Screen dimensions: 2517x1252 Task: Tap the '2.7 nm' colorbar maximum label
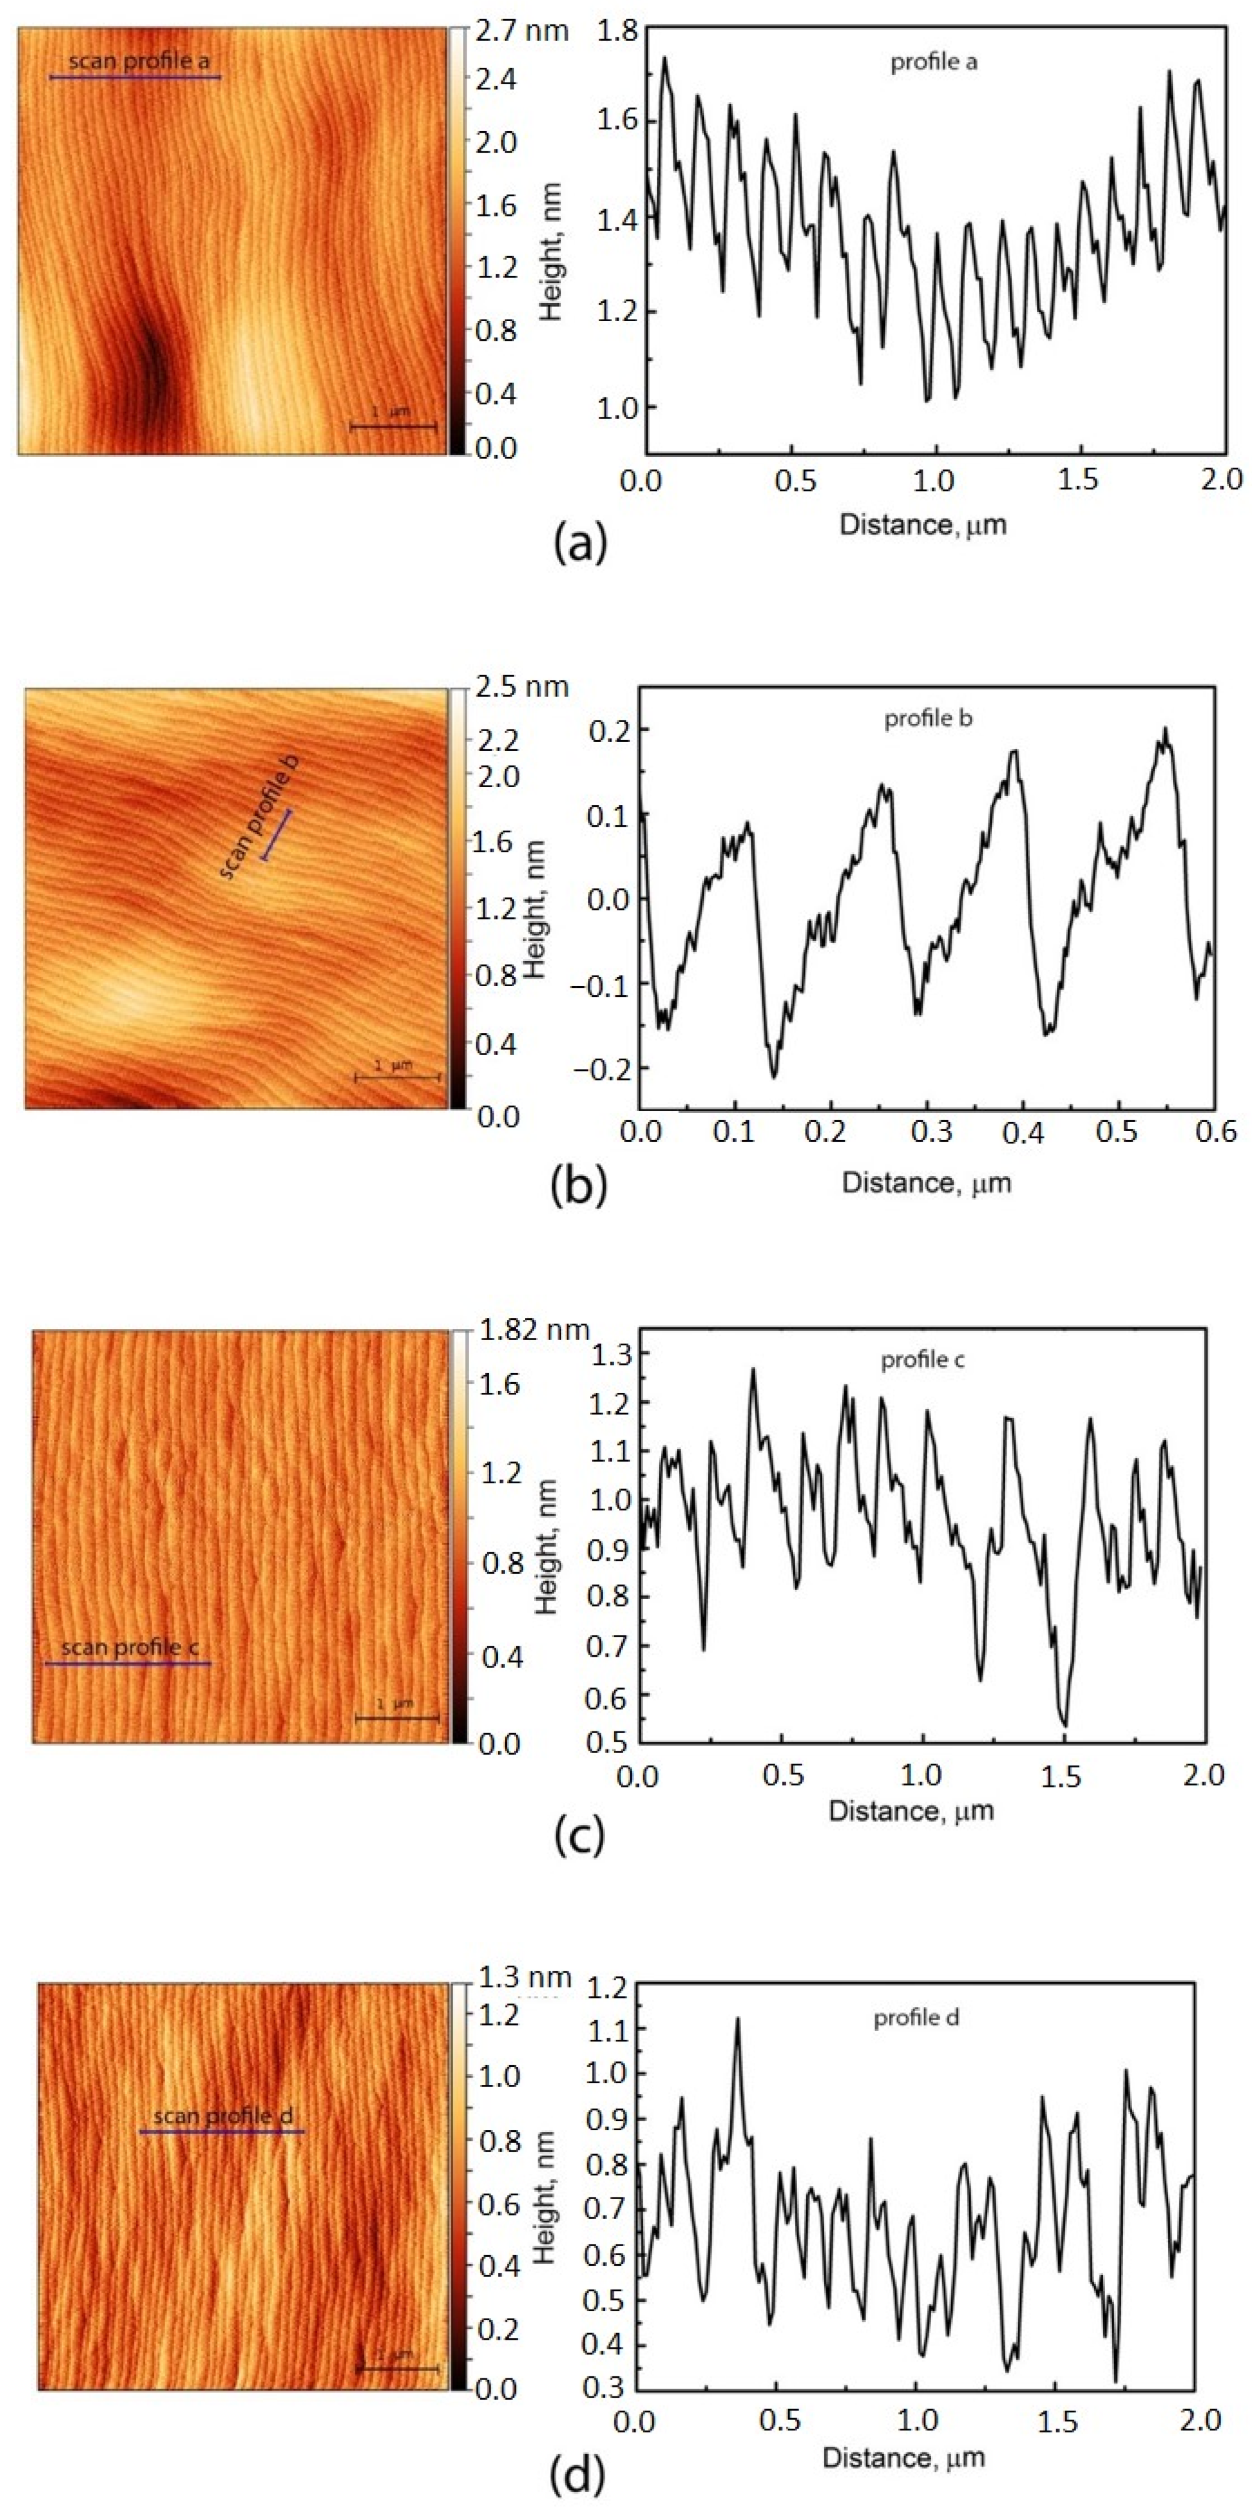pos(523,31)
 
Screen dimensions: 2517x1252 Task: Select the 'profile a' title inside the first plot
pos(933,63)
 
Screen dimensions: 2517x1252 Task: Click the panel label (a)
pos(579,541)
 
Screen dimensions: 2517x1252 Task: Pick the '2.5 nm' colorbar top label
pos(523,687)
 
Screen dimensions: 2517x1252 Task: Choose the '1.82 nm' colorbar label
pos(533,1330)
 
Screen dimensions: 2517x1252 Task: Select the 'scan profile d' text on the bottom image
pos(223,2117)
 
